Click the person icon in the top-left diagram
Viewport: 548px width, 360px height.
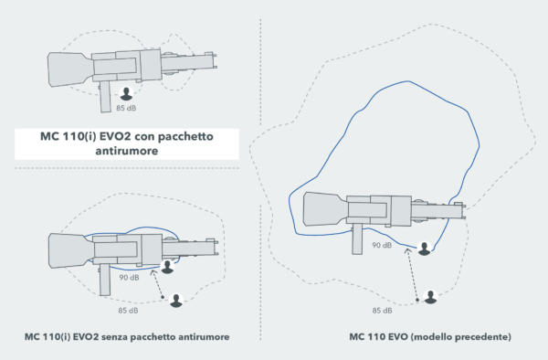click(x=126, y=94)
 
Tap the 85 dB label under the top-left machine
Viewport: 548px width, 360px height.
click(x=126, y=108)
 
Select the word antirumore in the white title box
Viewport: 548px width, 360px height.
click(x=127, y=151)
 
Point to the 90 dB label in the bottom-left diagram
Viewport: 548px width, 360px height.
click(x=130, y=278)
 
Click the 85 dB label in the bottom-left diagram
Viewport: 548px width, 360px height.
click(x=128, y=311)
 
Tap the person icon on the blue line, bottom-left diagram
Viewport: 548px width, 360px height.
click(x=168, y=267)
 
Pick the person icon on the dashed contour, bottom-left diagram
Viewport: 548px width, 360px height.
click(x=176, y=301)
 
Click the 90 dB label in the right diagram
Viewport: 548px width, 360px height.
click(x=382, y=245)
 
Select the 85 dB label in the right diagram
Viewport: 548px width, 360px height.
click(x=382, y=311)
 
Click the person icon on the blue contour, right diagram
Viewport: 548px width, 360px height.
click(x=424, y=249)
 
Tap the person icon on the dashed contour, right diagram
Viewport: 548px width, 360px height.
click(x=430, y=297)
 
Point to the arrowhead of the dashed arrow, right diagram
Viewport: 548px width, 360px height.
click(x=407, y=250)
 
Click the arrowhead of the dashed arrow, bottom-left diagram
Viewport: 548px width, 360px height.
click(x=153, y=271)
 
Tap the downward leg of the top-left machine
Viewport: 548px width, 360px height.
click(x=106, y=97)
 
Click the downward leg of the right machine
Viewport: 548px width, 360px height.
click(x=357, y=239)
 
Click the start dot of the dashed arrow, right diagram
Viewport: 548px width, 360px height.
click(x=417, y=300)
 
